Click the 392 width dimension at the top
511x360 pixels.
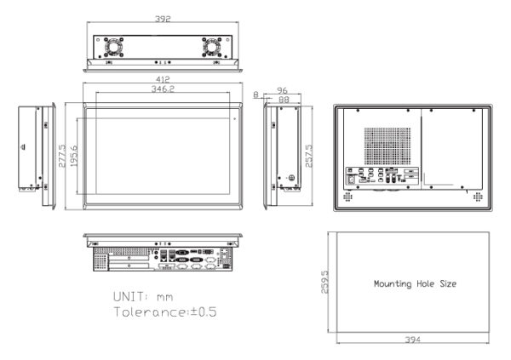[163, 19]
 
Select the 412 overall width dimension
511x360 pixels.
[163, 79]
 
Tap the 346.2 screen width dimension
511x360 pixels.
[163, 89]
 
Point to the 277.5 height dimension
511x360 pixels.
[62, 156]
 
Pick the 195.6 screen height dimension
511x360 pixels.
[73, 156]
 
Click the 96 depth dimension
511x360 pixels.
[282, 90]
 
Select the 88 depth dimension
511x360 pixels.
[284, 100]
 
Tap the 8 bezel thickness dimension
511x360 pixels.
[255, 94]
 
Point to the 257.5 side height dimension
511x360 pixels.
[308, 156]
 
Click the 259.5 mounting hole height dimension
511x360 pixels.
[324, 282]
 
